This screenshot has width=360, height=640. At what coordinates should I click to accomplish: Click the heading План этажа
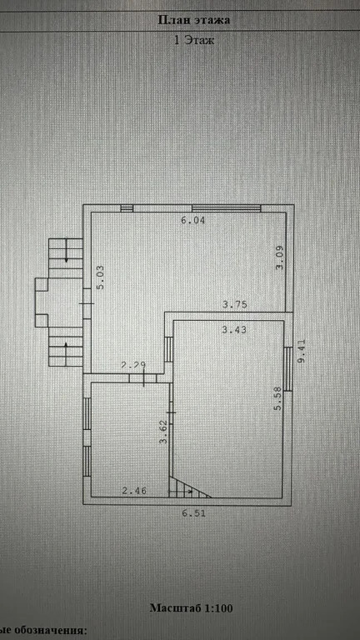194,20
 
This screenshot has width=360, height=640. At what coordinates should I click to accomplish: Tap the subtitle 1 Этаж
194,40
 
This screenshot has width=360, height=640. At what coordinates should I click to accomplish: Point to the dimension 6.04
193,221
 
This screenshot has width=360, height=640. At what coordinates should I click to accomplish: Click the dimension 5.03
100,277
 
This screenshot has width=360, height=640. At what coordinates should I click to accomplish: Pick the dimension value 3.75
235,304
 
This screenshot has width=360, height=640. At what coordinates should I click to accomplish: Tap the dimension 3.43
234,329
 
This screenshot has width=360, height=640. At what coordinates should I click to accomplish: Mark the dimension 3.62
163,432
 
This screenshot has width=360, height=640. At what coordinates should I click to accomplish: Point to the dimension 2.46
134,491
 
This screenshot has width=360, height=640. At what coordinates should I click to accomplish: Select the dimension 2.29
133,365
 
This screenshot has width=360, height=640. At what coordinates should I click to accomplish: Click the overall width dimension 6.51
194,513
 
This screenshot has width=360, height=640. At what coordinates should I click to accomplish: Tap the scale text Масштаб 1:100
192,607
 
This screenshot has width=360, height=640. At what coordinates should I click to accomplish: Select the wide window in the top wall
227,208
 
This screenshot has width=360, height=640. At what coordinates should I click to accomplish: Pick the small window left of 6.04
127,208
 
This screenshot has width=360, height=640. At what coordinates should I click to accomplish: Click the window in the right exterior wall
288,369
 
